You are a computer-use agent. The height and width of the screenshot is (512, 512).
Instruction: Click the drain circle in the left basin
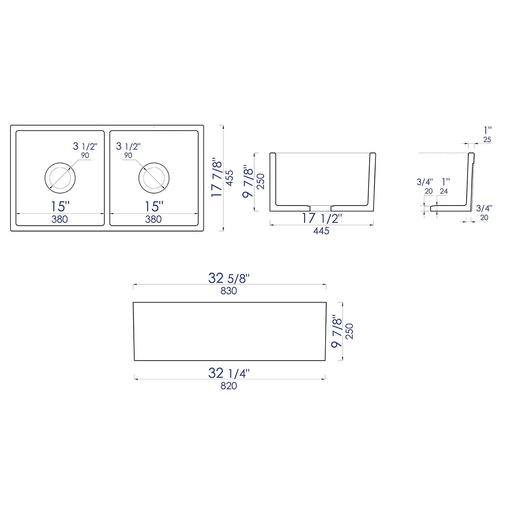tap(60, 178)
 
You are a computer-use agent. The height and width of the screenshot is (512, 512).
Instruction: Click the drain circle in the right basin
tap(154, 178)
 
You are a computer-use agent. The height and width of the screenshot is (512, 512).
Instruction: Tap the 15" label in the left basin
tap(60, 207)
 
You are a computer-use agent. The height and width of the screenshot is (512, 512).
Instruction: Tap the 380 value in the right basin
tap(153, 219)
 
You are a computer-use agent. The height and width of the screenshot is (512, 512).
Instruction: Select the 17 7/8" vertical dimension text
tap(217, 177)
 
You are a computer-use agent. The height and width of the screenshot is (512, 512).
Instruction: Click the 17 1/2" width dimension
tap(321, 218)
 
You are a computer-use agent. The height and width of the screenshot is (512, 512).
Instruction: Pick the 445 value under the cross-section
tap(321, 231)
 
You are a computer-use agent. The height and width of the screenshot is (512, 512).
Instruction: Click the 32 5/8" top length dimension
tap(229, 278)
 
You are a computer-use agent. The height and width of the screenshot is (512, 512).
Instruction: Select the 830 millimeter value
tap(229, 291)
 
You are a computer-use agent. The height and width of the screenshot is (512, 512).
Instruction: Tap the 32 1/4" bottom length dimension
tap(229, 373)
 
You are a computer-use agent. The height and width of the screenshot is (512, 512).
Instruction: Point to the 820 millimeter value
tap(229, 386)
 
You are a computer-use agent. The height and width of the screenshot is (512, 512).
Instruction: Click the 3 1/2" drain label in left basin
tap(85, 146)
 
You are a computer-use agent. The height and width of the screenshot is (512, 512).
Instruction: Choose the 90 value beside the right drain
tap(128, 156)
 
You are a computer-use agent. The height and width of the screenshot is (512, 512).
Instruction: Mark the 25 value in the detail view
tap(487, 140)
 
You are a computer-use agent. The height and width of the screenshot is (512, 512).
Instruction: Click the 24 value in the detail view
tap(444, 191)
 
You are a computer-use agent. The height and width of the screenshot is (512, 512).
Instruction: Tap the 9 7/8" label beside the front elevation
tap(337, 331)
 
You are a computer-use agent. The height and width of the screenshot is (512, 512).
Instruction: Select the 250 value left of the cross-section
tap(261, 182)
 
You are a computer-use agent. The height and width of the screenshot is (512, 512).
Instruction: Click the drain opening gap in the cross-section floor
tap(320, 208)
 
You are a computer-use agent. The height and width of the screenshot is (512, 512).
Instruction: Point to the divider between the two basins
tap(107, 178)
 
